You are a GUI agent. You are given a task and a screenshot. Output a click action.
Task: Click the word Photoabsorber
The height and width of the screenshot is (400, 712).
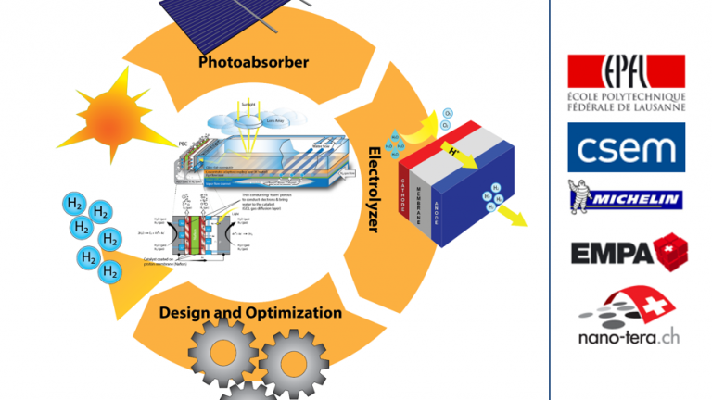pyautogui.click(x=253, y=63)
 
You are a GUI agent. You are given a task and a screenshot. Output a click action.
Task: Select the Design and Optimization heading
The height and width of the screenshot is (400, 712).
pyautogui.click(x=250, y=312)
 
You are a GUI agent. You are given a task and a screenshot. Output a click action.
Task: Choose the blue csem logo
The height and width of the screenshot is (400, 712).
pyautogui.click(x=626, y=148)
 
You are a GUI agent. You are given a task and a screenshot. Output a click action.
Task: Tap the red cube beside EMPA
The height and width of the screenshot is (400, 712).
pyautogui.click(x=670, y=252)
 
